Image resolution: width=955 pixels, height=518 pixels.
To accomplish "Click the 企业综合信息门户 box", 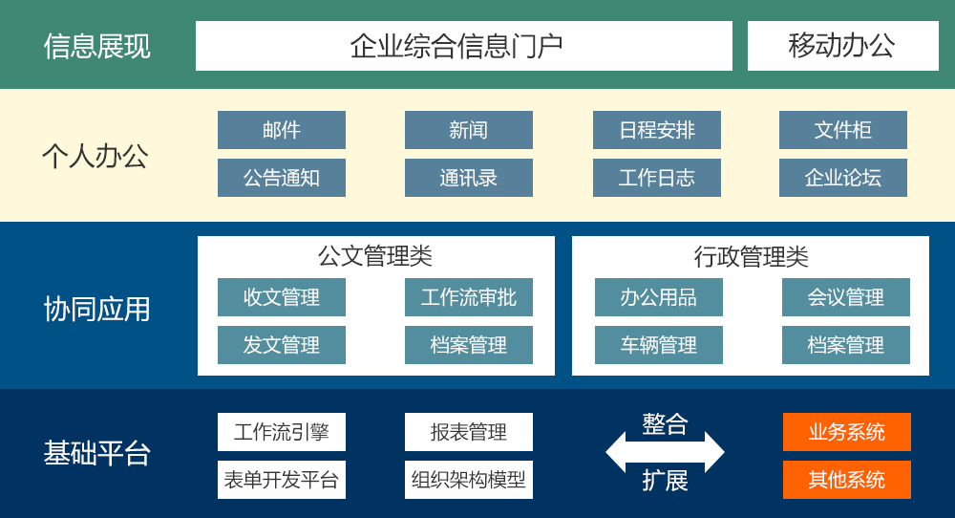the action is (463, 46).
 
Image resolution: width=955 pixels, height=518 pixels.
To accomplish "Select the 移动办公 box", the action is (843, 46).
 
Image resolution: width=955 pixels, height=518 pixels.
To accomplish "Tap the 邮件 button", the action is (282, 130).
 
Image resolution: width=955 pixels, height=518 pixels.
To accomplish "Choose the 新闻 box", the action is (468, 130).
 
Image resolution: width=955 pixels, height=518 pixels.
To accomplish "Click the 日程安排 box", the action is (657, 130).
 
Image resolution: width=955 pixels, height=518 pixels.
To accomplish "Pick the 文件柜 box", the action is (843, 130).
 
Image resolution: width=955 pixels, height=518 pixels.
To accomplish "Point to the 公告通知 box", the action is (282, 178).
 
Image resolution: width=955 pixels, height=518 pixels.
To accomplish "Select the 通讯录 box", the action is (468, 178).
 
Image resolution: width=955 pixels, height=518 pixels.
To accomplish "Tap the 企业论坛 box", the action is (843, 178).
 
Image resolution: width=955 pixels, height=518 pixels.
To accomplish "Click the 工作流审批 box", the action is (468, 297).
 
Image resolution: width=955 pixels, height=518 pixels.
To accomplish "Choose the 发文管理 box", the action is (282, 345).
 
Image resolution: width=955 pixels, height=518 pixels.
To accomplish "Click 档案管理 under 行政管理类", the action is (846, 345).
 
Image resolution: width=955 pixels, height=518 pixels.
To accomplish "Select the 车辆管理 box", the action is (658, 345).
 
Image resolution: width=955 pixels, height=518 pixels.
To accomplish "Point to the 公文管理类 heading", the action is (375, 256).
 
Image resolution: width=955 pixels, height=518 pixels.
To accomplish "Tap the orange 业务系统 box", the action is (846, 432).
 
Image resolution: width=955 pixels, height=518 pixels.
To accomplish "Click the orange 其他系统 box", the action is (846, 480).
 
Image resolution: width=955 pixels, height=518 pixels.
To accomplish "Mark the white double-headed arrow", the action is (665, 452).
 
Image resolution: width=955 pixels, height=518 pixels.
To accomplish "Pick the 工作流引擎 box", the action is (282, 432).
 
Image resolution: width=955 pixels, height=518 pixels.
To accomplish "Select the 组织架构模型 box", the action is (468, 480).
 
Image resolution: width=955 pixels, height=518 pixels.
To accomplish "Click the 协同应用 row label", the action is (96, 309).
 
